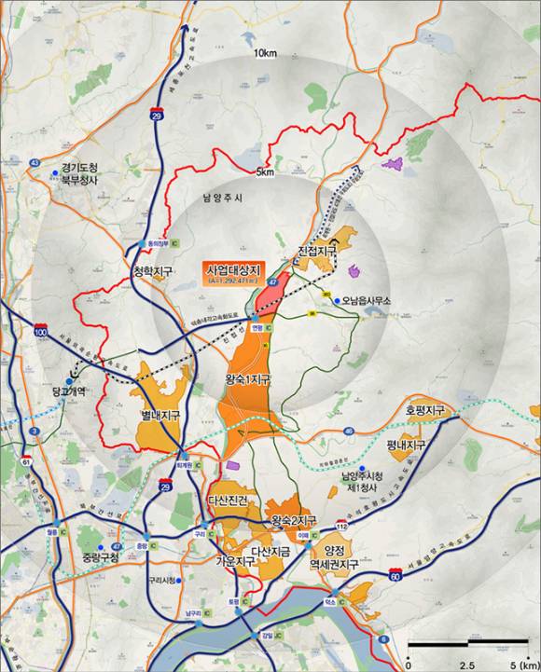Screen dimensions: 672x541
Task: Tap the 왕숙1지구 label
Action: click(x=247, y=380)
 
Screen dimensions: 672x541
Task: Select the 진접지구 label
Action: click(x=316, y=252)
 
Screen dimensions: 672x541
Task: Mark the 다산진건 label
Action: click(x=229, y=501)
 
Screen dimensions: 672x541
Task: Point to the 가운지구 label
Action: click(x=235, y=562)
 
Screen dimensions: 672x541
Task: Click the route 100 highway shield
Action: click(x=40, y=332)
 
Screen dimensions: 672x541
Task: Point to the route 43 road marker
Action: click(x=35, y=162)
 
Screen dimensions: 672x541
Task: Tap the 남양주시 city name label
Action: click(x=222, y=198)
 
